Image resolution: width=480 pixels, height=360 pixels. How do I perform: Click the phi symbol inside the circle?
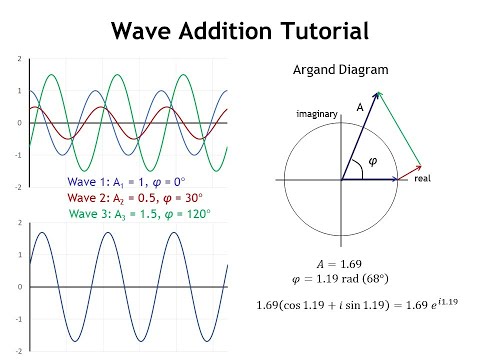pyautogui.click(x=373, y=160)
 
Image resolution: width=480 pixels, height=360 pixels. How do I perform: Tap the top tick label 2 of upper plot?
pyautogui.click(x=19, y=59)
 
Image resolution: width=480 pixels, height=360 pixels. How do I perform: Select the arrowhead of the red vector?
pyautogui.click(x=427, y=166)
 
